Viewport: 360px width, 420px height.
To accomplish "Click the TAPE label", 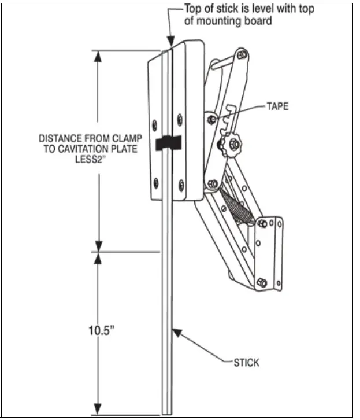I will (x=277, y=106).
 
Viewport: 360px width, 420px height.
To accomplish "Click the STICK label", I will (x=246, y=363).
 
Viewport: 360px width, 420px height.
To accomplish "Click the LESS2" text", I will (x=88, y=159).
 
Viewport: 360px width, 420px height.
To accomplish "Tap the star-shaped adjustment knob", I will (x=233, y=144).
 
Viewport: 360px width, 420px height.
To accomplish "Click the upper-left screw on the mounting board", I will (x=155, y=124).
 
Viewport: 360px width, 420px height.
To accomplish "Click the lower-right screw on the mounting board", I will (x=181, y=185).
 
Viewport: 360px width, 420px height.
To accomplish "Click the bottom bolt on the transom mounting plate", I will (x=262, y=282).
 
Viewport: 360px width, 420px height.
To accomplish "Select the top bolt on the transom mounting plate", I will (x=263, y=223).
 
